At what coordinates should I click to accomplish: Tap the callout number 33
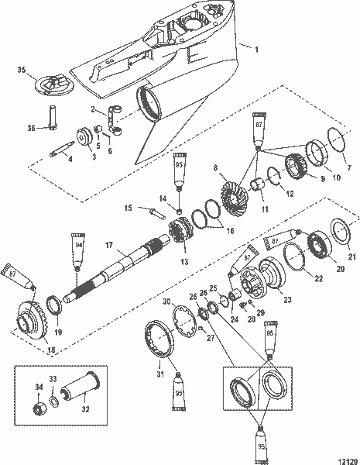52,379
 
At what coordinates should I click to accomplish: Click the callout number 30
166,301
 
